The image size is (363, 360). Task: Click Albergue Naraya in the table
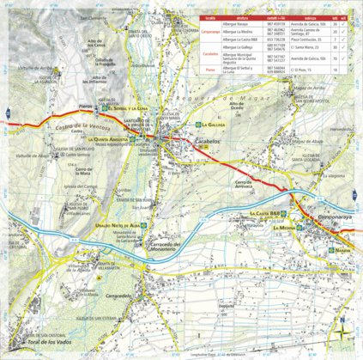236,24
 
